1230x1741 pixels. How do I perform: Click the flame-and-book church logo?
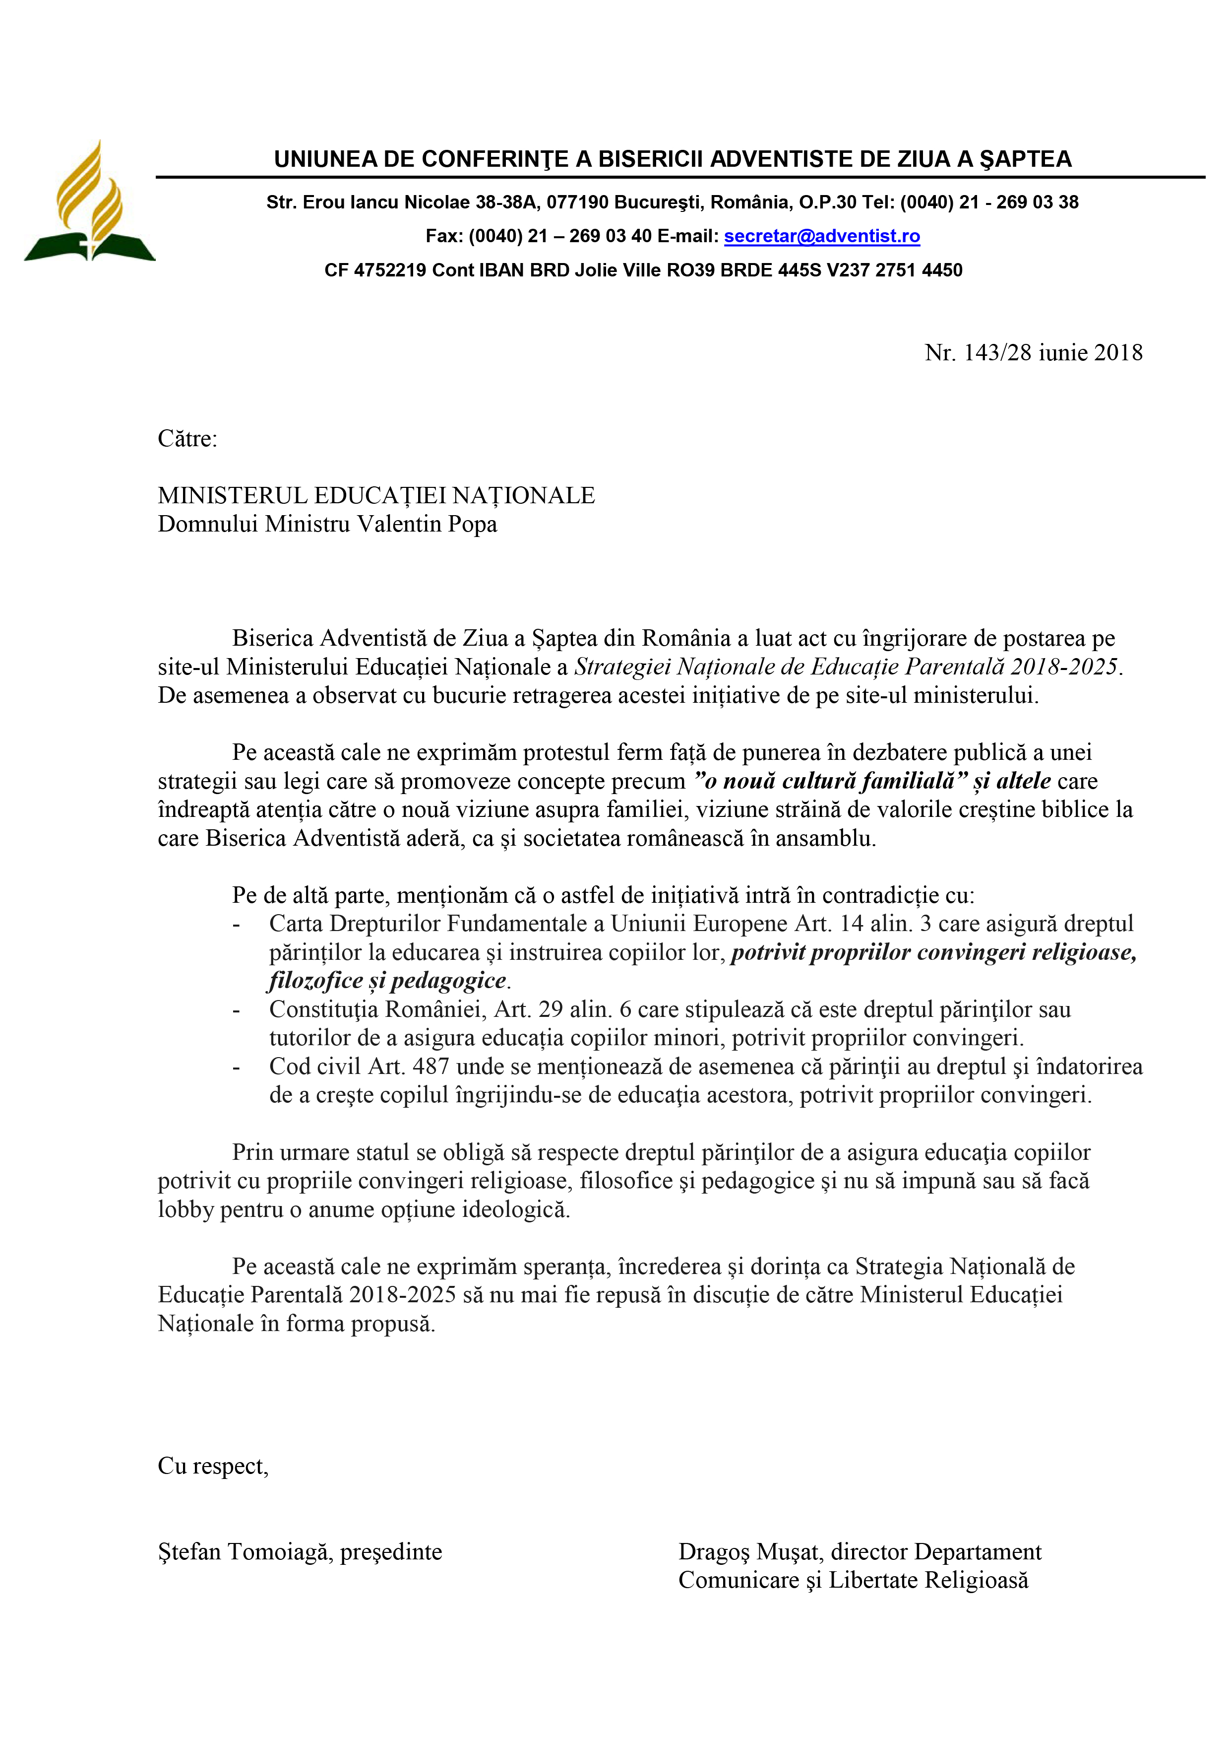[89, 203]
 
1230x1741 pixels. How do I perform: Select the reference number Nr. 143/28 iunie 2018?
[1033, 352]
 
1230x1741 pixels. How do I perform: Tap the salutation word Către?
[187, 439]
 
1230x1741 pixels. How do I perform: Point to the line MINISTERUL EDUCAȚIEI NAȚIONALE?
[376, 496]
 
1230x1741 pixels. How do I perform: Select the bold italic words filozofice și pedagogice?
[387, 981]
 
